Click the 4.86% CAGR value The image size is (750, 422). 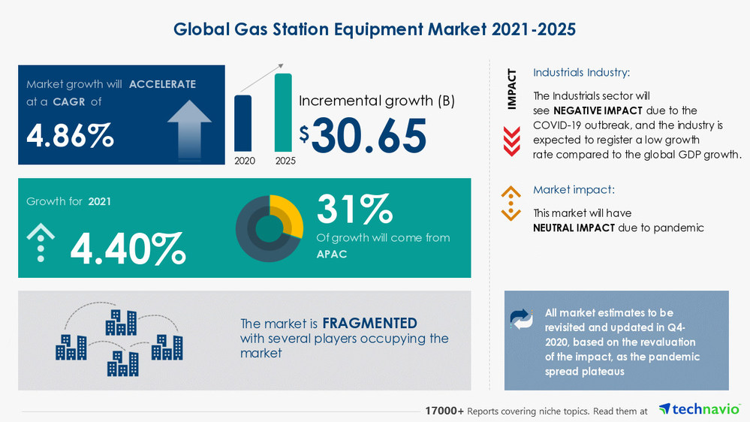(71, 136)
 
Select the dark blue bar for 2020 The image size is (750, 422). (243, 122)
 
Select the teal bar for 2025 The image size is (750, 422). (283, 112)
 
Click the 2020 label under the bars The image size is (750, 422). (243, 160)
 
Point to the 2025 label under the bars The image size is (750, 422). (284, 160)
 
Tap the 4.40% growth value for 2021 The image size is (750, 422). (128, 249)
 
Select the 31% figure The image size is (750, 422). (354, 209)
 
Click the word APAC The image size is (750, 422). (332, 254)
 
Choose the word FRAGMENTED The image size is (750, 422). (369, 324)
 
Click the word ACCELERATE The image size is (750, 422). (162, 84)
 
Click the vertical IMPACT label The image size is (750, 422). (512, 89)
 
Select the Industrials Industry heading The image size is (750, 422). (581, 73)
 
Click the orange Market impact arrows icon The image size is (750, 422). (511, 203)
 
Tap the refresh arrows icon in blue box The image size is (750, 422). (521, 318)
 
